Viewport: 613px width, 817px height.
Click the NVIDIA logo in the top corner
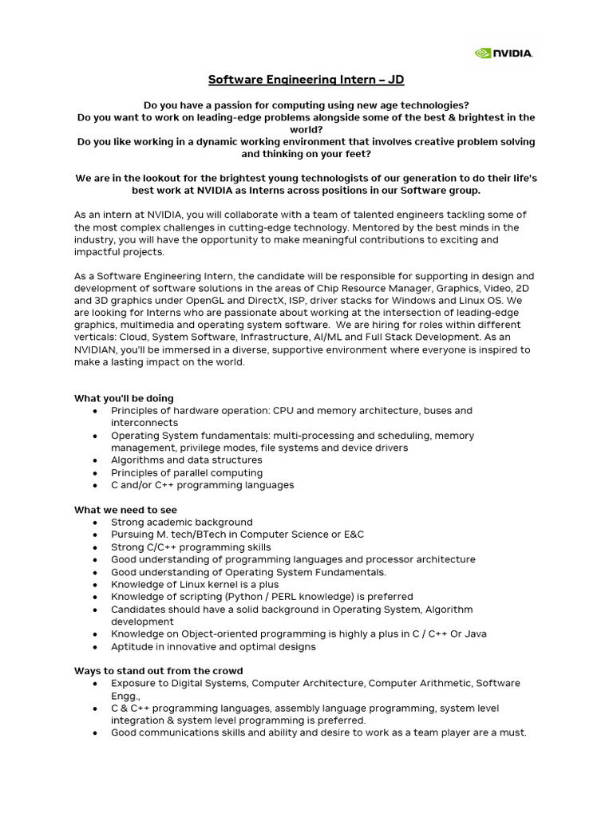pos(504,53)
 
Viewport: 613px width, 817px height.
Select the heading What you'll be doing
pos(124,398)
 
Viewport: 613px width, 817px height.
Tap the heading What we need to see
pos(125,510)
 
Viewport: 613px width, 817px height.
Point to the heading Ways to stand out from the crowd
pos(158,671)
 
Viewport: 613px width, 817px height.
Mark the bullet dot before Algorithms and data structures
pos(95,460)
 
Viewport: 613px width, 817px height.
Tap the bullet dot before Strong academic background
pos(95,523)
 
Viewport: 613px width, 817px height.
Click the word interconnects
pos(144,423)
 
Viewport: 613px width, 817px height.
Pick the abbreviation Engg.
pos(125,696)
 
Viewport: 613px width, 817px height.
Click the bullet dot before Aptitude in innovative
pos(95,647)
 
